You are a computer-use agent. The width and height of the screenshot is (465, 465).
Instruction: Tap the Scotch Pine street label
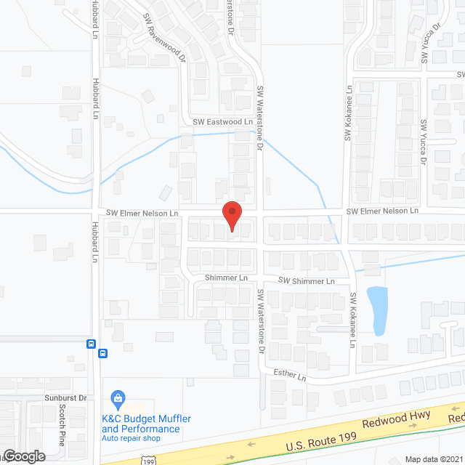(x=62, y=425)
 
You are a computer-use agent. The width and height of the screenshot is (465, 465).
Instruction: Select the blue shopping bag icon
(x=118, y=398)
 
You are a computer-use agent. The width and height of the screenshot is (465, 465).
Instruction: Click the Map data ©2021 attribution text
(x=434, y=458)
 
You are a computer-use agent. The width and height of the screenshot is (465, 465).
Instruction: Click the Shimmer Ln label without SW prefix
(x=226, y=278)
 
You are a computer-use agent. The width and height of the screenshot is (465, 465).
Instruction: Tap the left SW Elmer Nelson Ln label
(x=142, y=214)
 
